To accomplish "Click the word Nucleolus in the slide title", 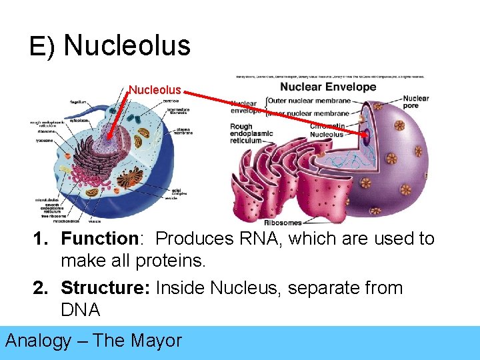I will [x=127, y=46].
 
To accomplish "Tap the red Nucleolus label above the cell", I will [x=155, y=89].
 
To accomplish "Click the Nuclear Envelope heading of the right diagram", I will [x=328, y=87].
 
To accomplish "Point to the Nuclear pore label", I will [x=416, y=103].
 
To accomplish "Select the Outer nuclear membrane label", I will [x=309, y=101].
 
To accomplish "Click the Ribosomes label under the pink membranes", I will [x=283, y=223].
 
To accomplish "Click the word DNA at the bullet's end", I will [x=80, y=310].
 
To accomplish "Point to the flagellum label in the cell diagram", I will [x=79, y=102].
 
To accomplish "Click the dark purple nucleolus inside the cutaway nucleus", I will [x=366, y=139].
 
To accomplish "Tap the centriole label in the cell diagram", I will [x=170, y=101].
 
